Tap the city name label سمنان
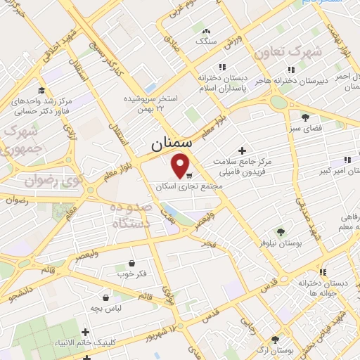171,144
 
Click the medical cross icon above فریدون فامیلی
243,150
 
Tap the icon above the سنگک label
206,32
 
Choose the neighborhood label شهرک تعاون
289,53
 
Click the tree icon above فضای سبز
304,117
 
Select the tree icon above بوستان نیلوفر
280,231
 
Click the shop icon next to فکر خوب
124,262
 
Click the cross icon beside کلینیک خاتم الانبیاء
86,332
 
